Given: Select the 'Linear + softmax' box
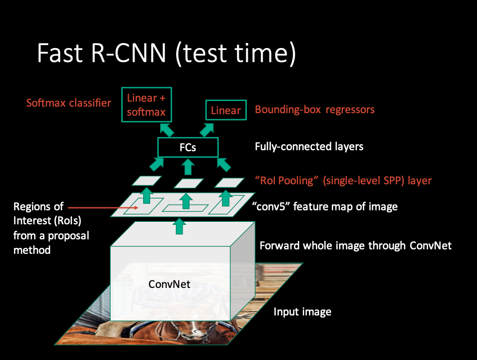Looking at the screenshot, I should coord(146,104).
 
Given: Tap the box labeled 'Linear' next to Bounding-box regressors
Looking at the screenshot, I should coord(226,111).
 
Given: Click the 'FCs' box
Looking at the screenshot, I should coord(188,147).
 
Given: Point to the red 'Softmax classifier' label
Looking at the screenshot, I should coord(69,103).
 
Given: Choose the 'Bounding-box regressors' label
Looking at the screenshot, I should coord(314,109).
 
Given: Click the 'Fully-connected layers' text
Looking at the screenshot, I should coord(309,147).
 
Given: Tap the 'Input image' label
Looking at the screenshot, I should coord(302,312).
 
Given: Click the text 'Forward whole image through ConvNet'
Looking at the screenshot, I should coord(355,245).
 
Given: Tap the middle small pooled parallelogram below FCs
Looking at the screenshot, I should coord(189,183).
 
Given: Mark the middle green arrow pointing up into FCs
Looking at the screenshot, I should coord(188,165).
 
